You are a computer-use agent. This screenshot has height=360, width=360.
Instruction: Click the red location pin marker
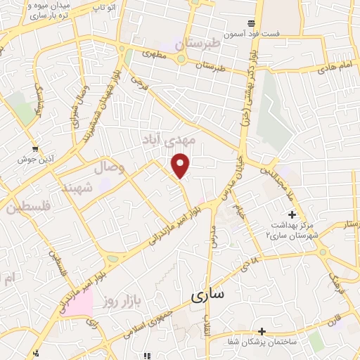pos(181,165)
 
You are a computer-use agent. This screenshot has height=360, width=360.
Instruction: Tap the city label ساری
pos(207,295)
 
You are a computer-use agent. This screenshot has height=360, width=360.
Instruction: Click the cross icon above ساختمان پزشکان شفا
pos(262,330)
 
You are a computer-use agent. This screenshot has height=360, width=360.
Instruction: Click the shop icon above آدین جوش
pos(34,148)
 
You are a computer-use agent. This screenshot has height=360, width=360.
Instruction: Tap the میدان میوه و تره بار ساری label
pos(41,10)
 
